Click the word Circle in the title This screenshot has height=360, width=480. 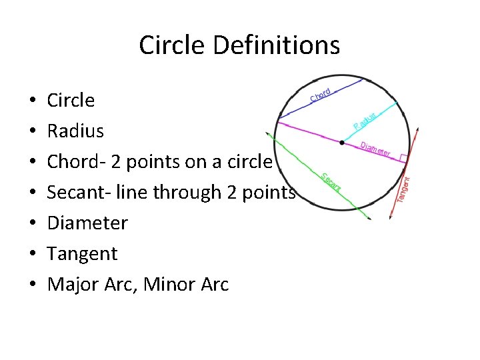pyautogui.click(x=167, y=45)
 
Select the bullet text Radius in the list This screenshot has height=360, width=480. pyautogui.click(x=75, y=131)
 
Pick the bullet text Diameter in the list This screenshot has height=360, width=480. pyautogui.click(x=87, y=223)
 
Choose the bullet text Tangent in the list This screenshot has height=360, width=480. pyautogui.click(x=82, y=253)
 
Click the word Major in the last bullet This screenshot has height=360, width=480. pyautogui.click(x=70, y=285)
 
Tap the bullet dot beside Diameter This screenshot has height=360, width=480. pyautogui.click(x=33, y=223)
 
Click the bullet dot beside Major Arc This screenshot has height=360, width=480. pyautogui.click(x=33, y=285)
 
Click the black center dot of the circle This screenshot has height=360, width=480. pyautogui.click(x=342, y=143)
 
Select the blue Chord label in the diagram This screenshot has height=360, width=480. pyautogui.click(x=321, y=97)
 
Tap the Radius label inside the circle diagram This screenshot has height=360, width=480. pyautogui.click(x=365, y=121)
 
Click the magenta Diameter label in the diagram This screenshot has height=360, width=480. pyautogui.click(x=375, y=150)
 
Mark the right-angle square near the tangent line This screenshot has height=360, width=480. pyautogui.click(x=403, y=157)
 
